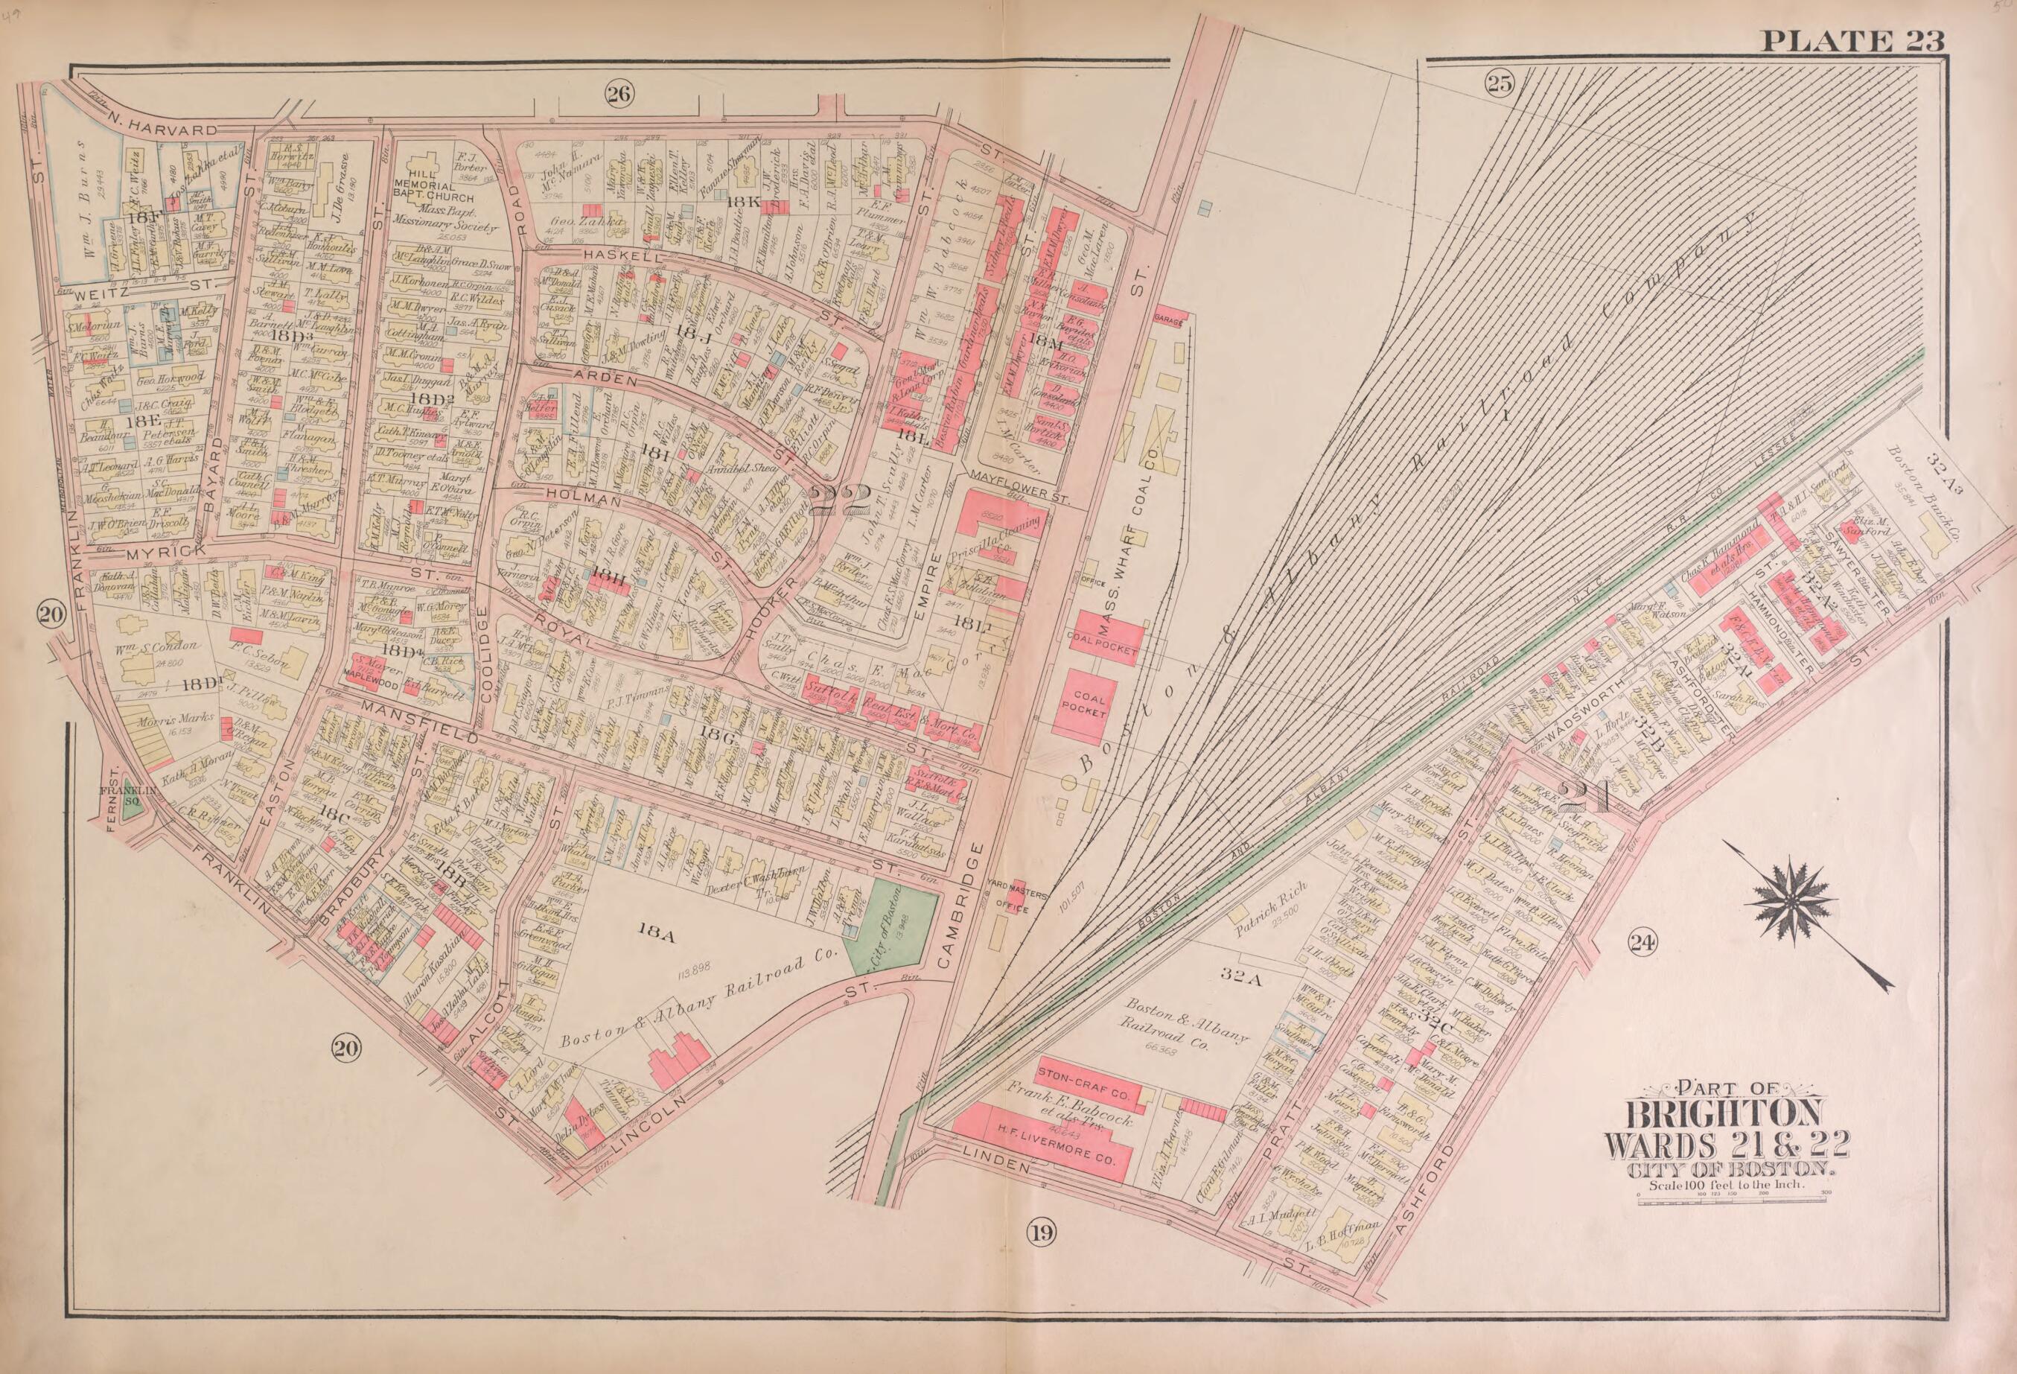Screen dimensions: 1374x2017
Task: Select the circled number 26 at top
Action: click(619, 94)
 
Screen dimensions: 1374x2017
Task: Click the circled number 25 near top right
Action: click(1499, 84)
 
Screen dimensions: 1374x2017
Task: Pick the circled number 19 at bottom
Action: click(1042, 1255)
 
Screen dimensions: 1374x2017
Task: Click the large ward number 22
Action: click(839, 500)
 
